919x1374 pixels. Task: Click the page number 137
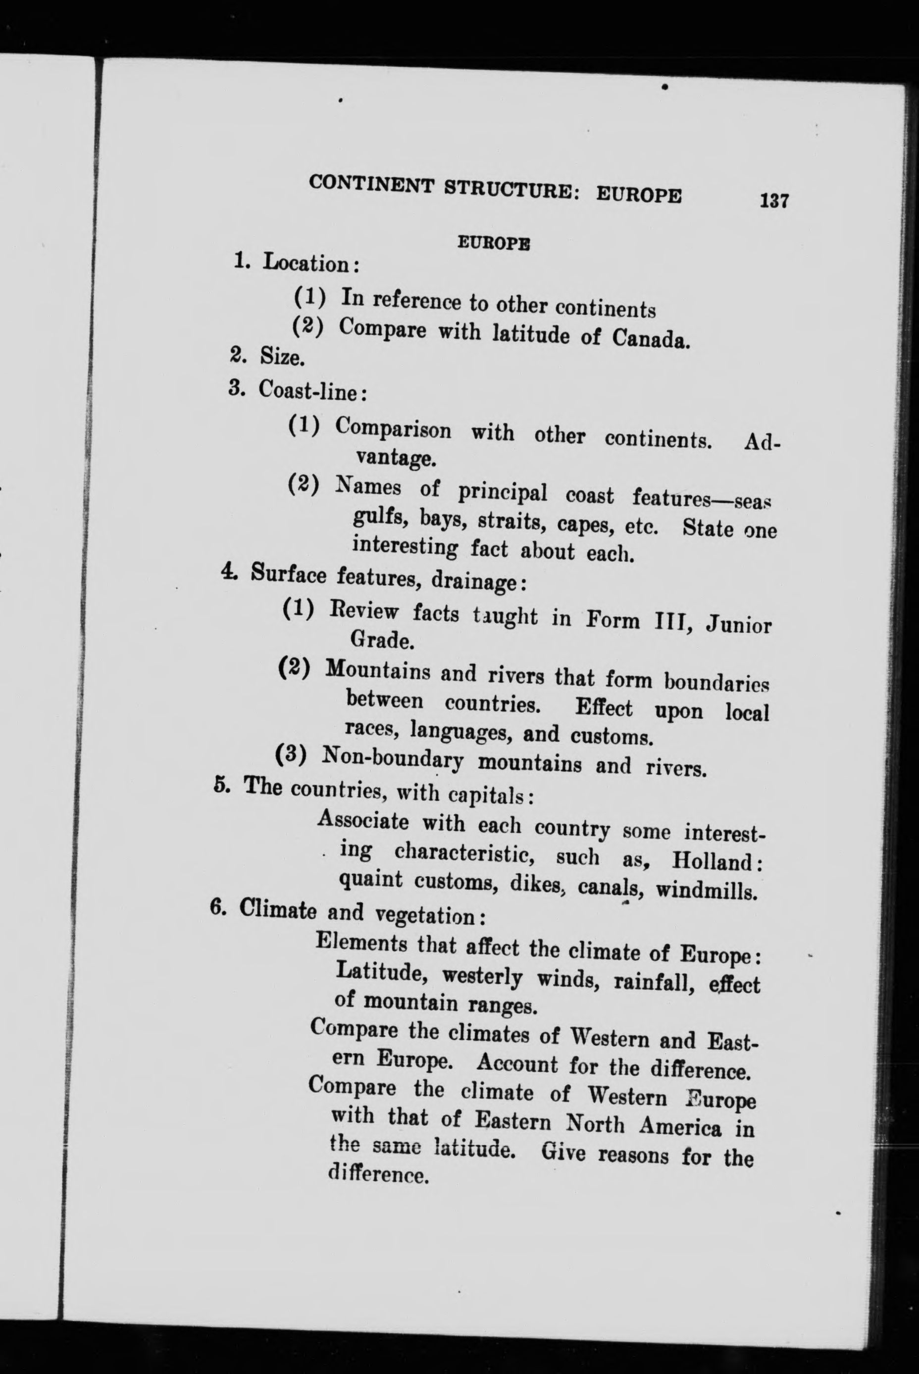(773, 201)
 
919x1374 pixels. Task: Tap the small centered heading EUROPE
(494, 243)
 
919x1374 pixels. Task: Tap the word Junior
(738, 625)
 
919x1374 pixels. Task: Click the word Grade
(383, 641)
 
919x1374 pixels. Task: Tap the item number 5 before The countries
(220, 784)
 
